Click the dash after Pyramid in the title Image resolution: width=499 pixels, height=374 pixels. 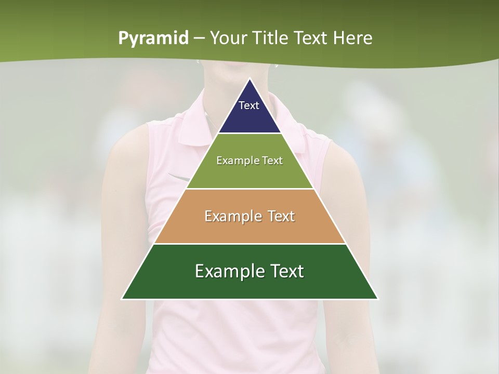pos(199,38)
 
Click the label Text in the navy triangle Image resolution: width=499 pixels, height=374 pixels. pos(249,105)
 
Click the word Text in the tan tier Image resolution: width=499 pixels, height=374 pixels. pos(278,216)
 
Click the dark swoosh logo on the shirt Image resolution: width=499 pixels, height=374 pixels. pos(180,177)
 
